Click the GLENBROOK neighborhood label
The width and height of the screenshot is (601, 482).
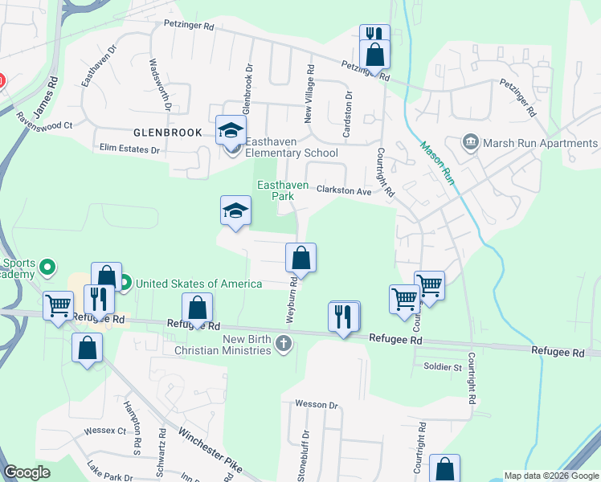point(167,133)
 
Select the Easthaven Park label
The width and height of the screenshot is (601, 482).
point(283,190)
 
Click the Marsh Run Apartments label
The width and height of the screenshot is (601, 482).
point(540,144)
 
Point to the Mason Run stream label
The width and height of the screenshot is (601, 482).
point(436,164)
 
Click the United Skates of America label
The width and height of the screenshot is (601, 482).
point(198,284)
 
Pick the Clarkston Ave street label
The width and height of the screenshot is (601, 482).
point(344,191)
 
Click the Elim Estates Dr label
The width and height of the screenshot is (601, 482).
point(130,149)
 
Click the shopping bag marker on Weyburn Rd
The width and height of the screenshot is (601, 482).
point(300,258)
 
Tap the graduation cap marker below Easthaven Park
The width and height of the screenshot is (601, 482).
point(235,211)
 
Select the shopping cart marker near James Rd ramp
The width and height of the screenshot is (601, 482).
point(59,306)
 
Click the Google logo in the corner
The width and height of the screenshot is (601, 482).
point(27,472)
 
